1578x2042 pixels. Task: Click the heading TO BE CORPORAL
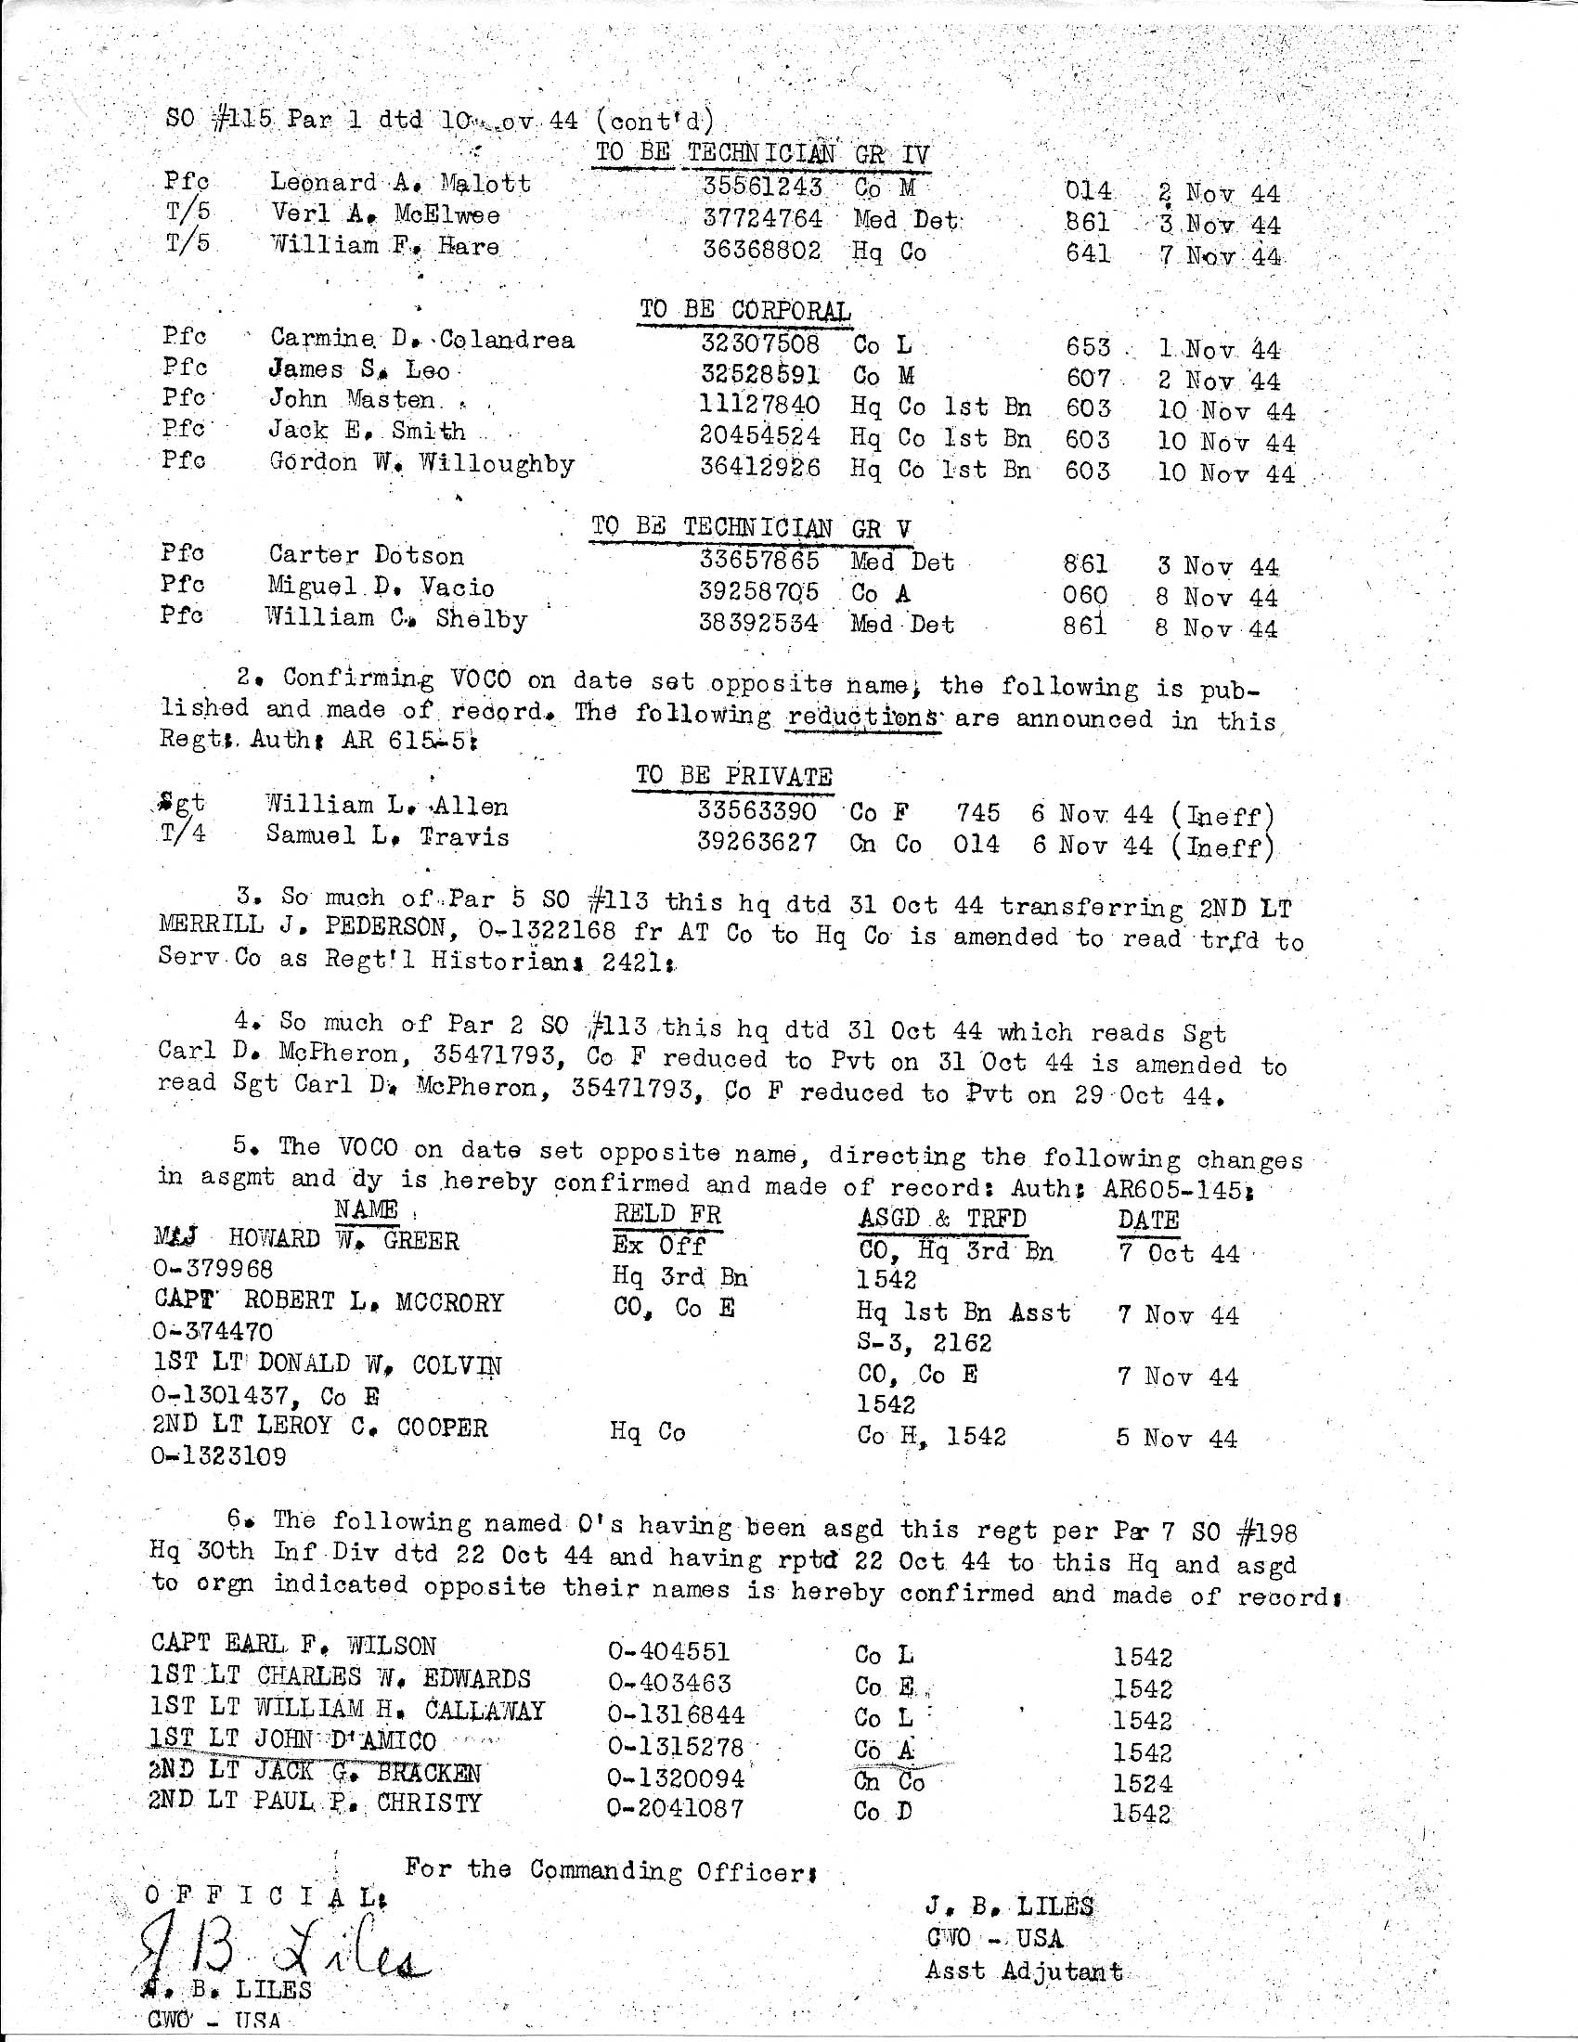(x=744, y=310)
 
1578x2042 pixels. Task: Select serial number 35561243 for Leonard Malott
(x=762, y=187)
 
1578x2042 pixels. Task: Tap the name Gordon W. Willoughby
(x=420, y=464)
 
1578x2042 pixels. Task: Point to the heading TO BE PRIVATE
(x=733, y=777)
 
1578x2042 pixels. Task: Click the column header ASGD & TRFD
(x=941, y=1219)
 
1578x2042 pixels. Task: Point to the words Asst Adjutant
(x=1024, y=1971)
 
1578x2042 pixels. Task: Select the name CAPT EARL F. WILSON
(x=292, y=1646)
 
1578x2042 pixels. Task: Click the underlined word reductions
(x=865, y=718)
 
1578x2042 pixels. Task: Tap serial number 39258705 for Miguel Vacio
(x=759, y=592)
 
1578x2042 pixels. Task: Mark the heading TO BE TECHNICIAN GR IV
(x=762, y=153)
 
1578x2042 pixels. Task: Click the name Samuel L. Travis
(x=387, y=836)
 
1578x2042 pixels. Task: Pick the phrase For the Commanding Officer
(x=611, y=1869)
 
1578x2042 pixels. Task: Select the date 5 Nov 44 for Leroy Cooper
(x=1176, y=1438)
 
